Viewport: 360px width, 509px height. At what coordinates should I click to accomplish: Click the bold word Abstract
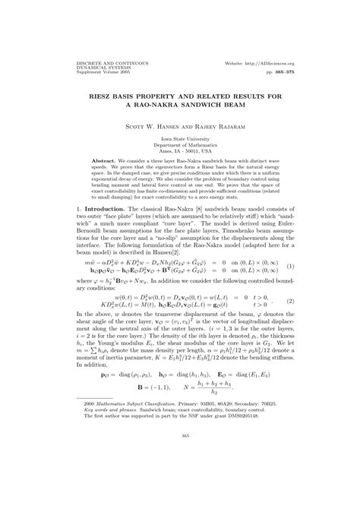click(103, 163)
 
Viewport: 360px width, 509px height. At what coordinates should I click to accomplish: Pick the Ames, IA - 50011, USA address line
click(180, 151)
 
